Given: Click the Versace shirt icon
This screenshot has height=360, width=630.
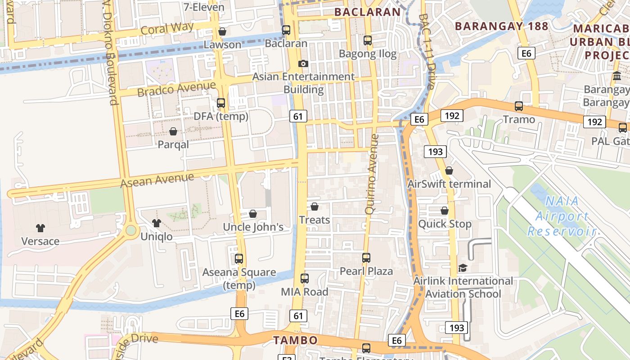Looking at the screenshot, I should [40, 228].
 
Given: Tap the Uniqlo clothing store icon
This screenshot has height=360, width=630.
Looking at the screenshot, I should [157, 223].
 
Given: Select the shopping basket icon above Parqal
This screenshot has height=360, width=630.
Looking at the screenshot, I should [173, 131].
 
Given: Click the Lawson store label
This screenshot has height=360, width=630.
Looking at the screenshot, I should [222, 45].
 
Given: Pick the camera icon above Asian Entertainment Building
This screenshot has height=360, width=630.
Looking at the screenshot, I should [303, 63].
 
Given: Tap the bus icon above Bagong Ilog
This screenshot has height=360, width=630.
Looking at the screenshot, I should [368, 40].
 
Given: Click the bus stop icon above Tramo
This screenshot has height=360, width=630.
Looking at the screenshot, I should [519, 106].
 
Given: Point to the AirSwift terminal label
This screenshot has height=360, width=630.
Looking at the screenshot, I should [449, 184].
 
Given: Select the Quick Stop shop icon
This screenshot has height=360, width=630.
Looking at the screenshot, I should [445, 211].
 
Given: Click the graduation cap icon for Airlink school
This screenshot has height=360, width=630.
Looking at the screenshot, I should [463, 268].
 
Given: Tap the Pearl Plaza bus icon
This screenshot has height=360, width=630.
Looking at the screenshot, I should [366, 258].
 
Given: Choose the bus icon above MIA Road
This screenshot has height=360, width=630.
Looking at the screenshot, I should [305, 279].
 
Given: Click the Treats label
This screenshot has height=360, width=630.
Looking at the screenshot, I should [315, 220].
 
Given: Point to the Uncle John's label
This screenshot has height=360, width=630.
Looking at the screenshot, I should [253, 227].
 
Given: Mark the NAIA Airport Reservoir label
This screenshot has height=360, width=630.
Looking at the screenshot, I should [562, 216].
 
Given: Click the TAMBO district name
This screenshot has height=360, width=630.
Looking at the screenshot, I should [295, 340].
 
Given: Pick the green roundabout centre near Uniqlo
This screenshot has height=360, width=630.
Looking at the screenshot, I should [131, 231].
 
